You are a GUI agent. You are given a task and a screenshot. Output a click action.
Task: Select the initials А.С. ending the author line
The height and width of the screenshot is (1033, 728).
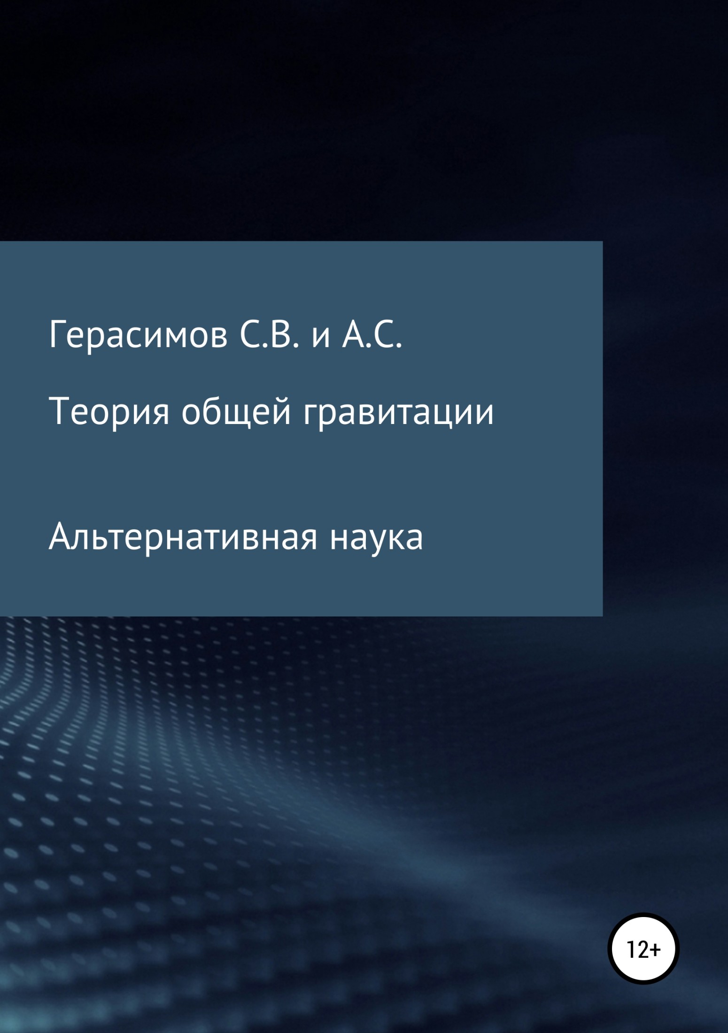click(372, 335)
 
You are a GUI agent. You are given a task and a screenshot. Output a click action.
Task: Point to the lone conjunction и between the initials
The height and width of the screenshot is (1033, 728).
click(321, 339)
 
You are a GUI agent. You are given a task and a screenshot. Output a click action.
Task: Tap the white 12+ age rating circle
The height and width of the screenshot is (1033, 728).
click(643, 949)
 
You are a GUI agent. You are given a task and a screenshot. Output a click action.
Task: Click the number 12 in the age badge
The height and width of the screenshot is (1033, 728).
click(637, 950)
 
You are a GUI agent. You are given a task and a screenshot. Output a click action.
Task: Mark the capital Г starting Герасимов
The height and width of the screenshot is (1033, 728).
click(58, 335)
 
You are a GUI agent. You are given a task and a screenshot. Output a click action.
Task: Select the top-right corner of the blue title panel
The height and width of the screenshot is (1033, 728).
click(603, 241)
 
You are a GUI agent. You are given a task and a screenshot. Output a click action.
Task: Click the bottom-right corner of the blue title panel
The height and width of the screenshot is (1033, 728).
click(603, 616)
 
